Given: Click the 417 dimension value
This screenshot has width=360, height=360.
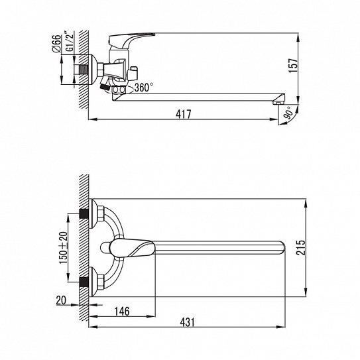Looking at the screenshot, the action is tap(184, 114).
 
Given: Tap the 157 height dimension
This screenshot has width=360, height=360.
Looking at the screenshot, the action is tap(293, 66).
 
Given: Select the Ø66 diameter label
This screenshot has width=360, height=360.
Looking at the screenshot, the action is tap(57, 44).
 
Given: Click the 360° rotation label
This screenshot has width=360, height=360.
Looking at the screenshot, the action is tap(144, 88).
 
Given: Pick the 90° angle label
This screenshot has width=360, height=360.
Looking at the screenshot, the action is tap(289, 113).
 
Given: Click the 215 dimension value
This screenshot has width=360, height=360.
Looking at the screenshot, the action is tap(301, 247).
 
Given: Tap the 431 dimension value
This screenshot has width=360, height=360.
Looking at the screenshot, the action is tap(187, 322).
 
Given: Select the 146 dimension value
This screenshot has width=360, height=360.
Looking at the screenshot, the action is tap(122, 312).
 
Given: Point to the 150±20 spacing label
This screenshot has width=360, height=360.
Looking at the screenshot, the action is tap(64, 248).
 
